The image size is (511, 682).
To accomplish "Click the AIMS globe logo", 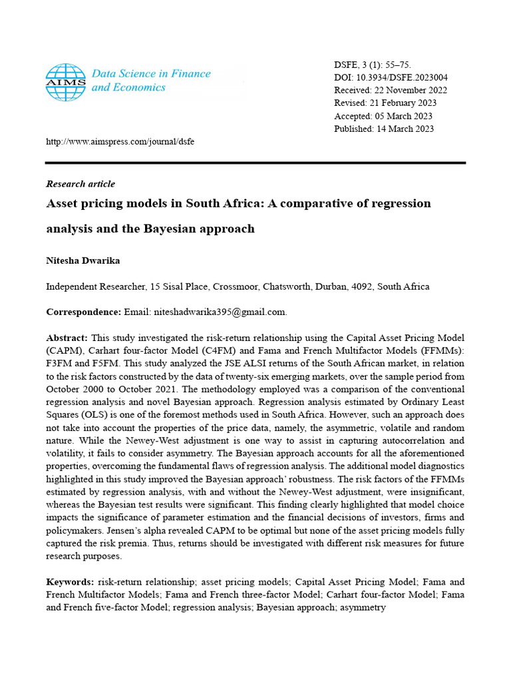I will (x=66, y=82).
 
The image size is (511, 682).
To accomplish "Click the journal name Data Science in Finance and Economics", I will (x=150, y=81).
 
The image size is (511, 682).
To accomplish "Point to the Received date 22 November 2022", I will (x=409, y=90).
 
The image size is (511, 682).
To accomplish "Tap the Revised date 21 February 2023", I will (x=403, y=103).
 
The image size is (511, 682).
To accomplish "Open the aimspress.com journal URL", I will (x=120, y=142).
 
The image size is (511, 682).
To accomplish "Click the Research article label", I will (x=81, y=184).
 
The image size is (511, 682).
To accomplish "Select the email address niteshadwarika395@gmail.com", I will (x=219, y=312).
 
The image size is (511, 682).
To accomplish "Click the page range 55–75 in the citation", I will (x=398, y=65).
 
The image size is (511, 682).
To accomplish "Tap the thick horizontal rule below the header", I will (x=255, y=163).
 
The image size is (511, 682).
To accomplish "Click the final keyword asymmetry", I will (x=363, y=607).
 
